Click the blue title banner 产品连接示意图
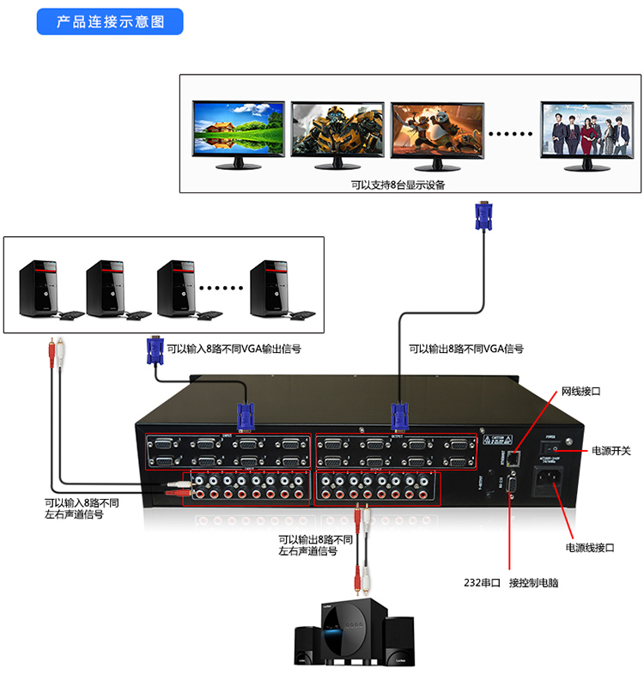coord(110,21)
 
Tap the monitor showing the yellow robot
coord(337,129)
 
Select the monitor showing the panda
coord(437,129)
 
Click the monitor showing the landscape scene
coord(238,129)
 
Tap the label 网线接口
coord(580,391)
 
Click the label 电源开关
coord(611,451)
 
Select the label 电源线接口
coord(590,547)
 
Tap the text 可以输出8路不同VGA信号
coord(465,350)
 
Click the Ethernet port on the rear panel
coord(513,456)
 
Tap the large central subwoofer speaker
coord(350,634)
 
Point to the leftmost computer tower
coord(39,288)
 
